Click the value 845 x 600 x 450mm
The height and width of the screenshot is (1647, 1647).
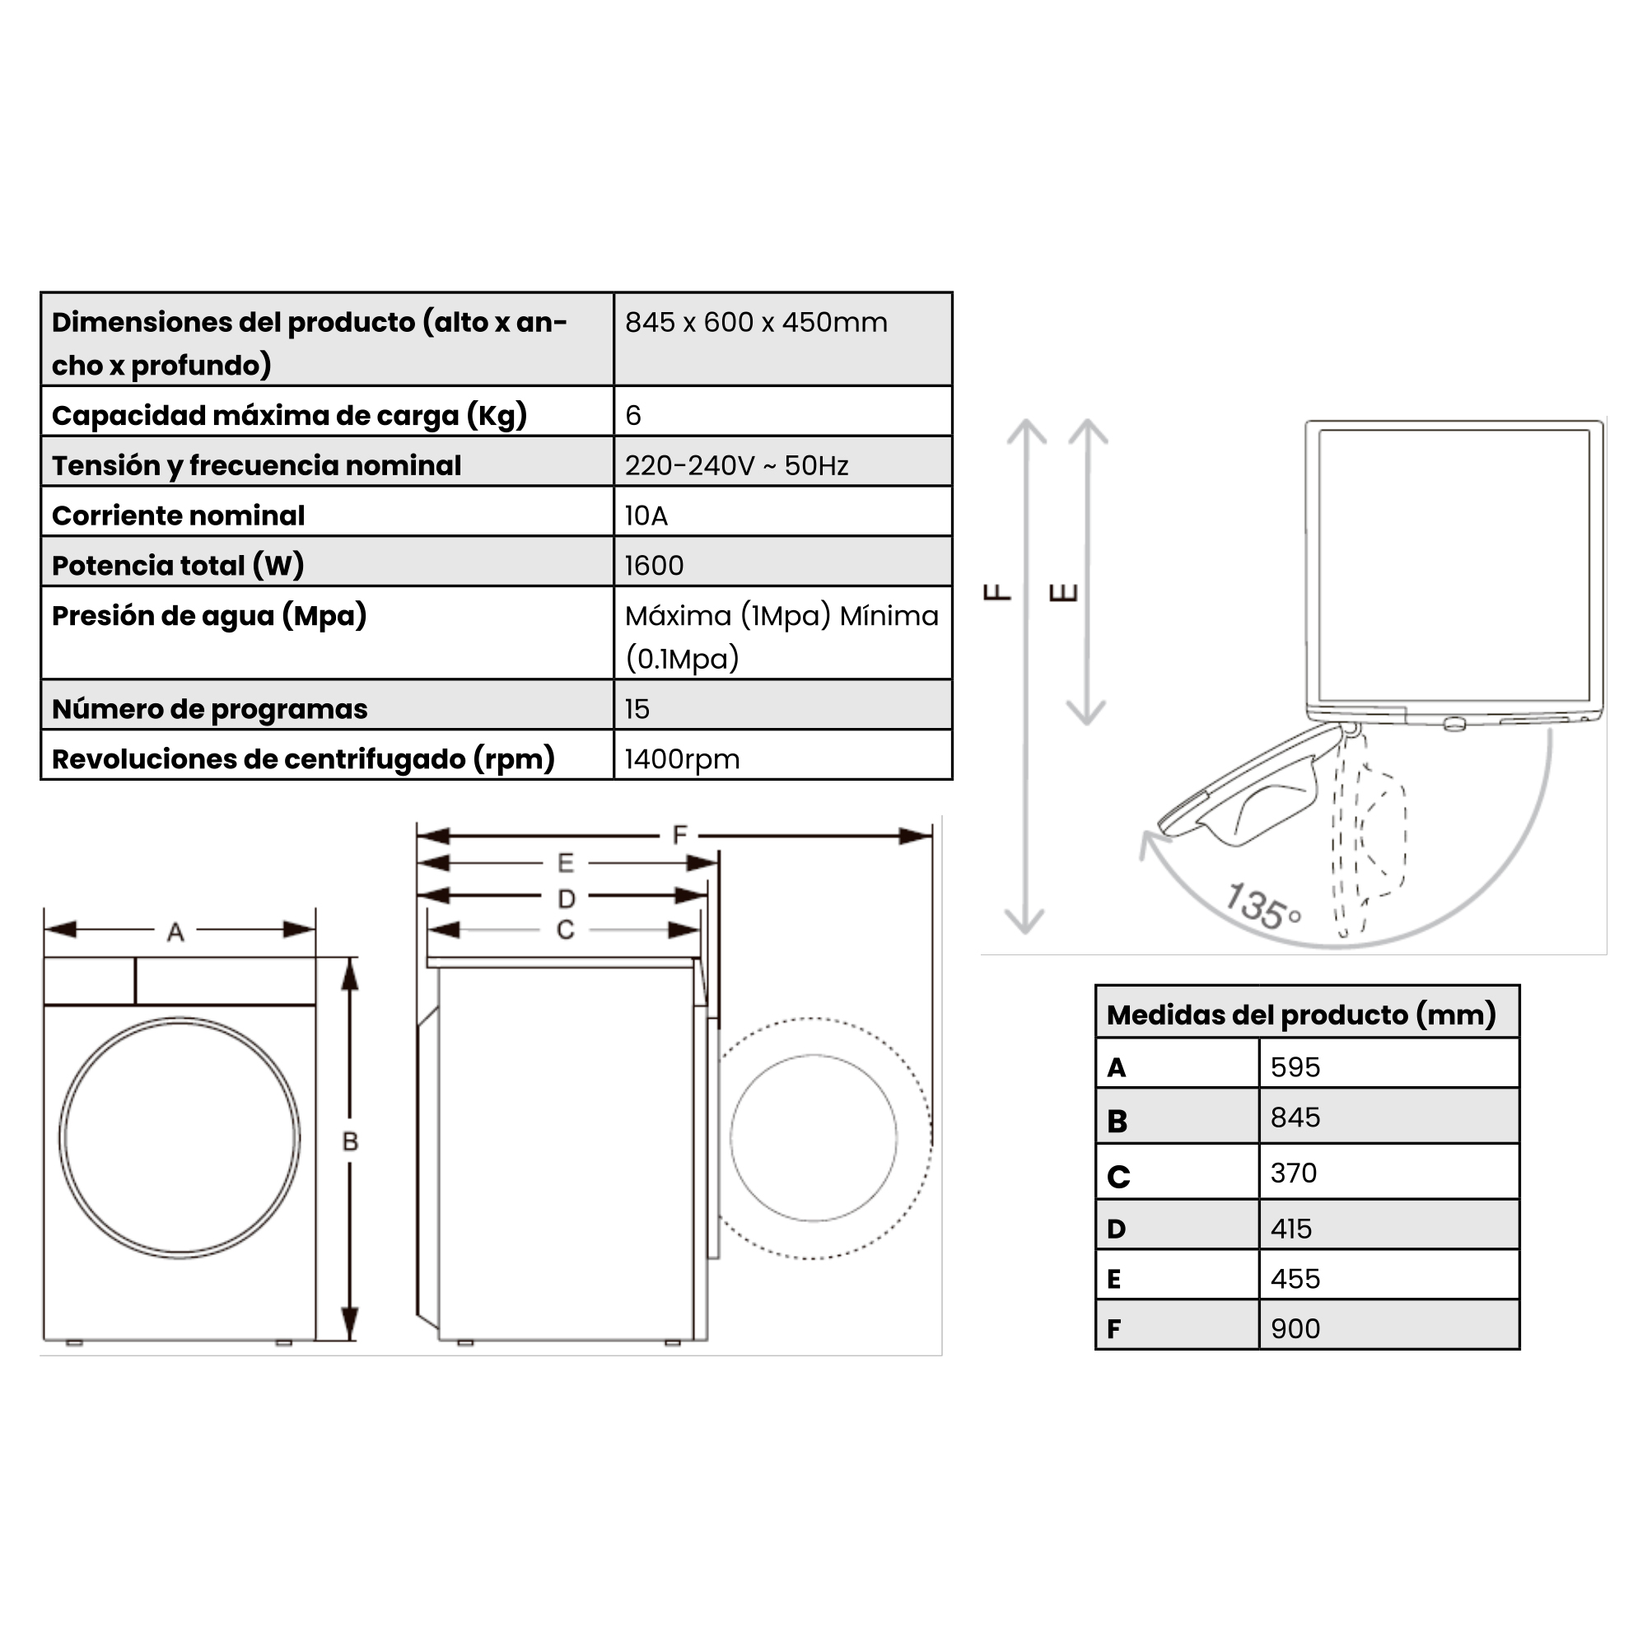click(755, 322)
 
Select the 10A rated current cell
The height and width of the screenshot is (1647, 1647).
click(646, 516)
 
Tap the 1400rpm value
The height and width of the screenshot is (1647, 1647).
click(681, 758)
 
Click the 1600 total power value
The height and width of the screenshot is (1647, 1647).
click(653, 565)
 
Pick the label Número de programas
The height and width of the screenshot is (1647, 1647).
click(209, 709)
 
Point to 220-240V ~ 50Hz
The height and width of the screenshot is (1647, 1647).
click(735, 465)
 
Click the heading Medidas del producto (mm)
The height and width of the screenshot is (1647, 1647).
click(1300, 1015)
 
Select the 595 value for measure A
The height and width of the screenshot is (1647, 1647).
click(1294, 1067)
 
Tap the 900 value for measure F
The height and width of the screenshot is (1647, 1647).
click(1294, 1328)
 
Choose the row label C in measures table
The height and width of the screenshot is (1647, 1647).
click(1117, 1178)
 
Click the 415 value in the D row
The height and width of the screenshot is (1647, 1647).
click(1290, 1229)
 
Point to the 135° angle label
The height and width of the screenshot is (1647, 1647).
click(1261, 907)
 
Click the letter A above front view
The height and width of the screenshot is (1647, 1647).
click(175, 931)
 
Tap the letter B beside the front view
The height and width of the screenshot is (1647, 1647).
click(349, 1141)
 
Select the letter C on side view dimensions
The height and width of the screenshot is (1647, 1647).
click(565, 930)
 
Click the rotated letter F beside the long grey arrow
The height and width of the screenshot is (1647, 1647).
click(996, 591)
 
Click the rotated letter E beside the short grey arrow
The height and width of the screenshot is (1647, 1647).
click(1063, 591)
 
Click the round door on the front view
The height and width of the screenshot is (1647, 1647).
click(179, 1138)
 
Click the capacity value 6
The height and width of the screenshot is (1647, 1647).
click(632, 415)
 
